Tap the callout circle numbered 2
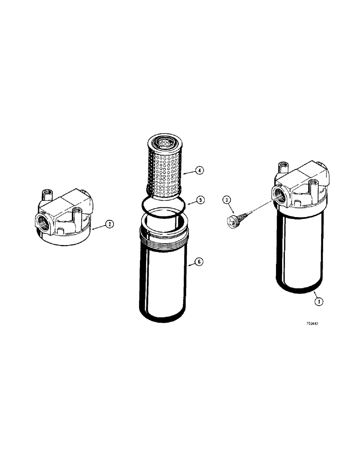tap(109, 224)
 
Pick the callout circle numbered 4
tap(199, 171)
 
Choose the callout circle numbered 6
tap(199, 262)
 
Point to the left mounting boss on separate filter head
tap(46, 193)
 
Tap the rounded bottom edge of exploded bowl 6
tap(165, 318)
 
